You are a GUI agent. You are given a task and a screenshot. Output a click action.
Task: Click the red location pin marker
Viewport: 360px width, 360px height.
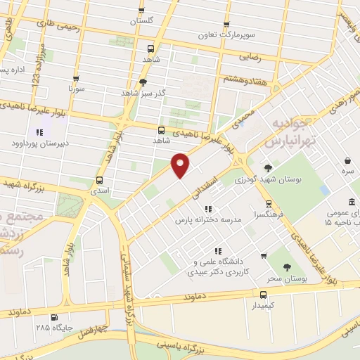[x=181, y=165]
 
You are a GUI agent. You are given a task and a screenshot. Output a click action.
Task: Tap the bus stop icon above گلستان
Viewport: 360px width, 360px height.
[x=141, y=10]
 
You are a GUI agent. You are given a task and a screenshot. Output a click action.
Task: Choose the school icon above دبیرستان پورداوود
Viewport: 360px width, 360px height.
[x=39, y=132]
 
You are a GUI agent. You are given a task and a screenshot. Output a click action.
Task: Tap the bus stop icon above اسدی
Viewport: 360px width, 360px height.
[x=99, y=179]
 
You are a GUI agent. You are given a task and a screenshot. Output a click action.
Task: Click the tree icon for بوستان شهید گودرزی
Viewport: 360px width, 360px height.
[x=269, y=167]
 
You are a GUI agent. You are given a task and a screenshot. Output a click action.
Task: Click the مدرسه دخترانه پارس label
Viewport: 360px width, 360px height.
[x=208, y=219]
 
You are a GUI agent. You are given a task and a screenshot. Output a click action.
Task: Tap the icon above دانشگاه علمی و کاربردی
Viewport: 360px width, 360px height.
[x=219, y=250]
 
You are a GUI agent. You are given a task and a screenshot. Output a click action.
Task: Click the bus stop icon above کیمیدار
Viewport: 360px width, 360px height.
[x=264, y=295]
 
